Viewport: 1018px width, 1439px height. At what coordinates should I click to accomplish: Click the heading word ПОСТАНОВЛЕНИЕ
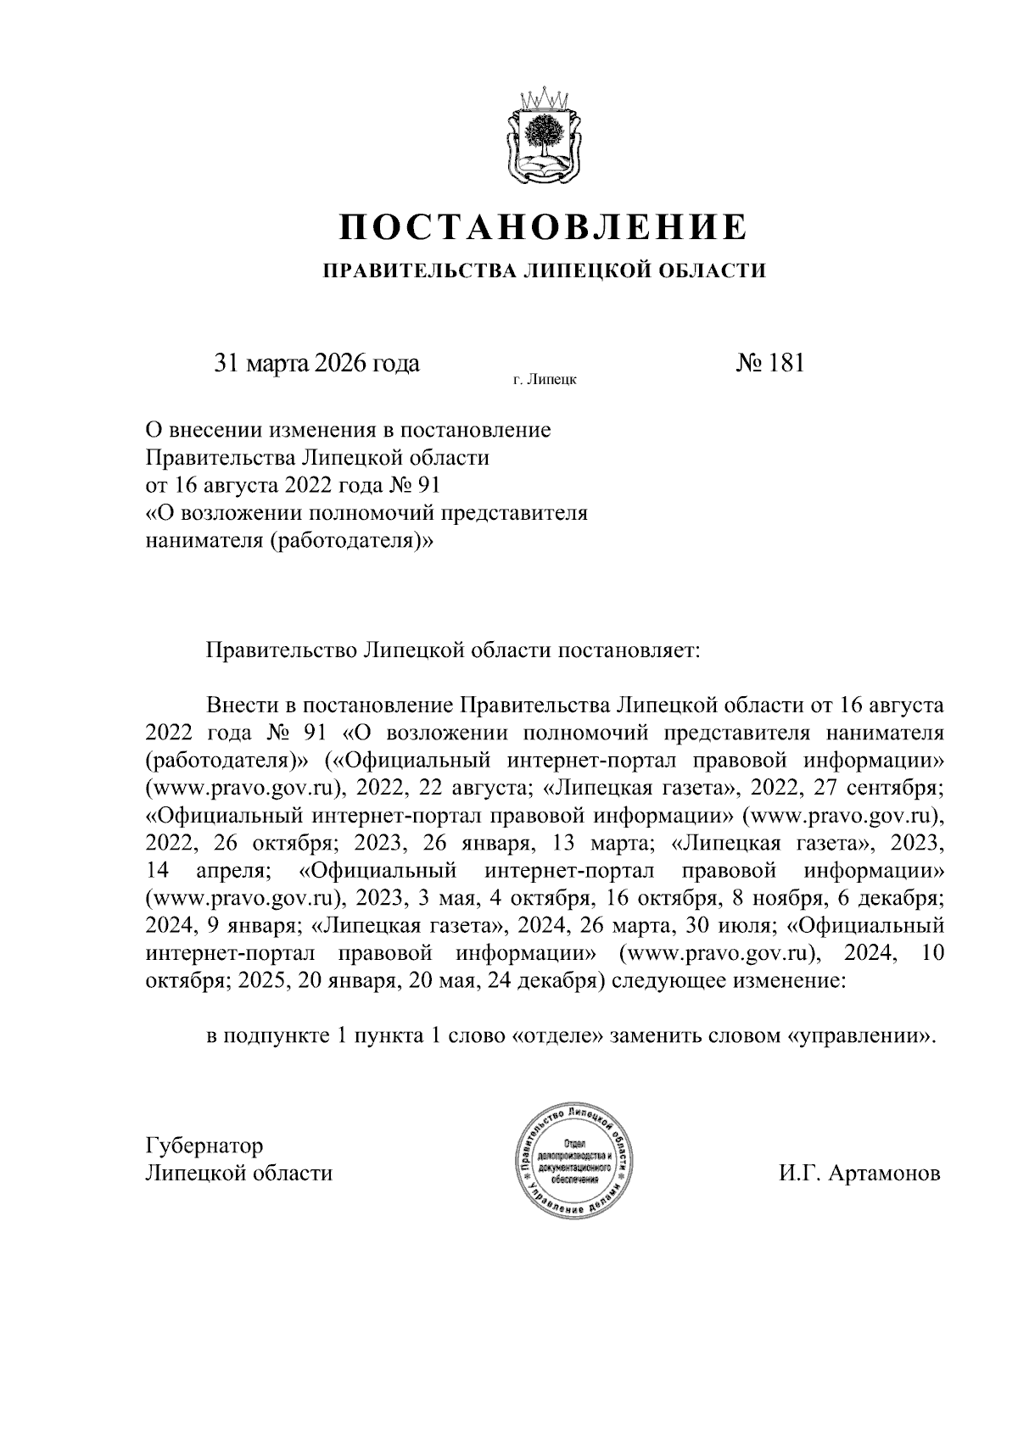coord(544,228)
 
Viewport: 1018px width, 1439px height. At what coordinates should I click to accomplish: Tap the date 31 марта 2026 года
coord(316,364)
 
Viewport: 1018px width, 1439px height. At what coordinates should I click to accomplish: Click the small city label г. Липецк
coord(545,381)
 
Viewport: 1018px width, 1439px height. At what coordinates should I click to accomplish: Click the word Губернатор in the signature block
coord(204,1145)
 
